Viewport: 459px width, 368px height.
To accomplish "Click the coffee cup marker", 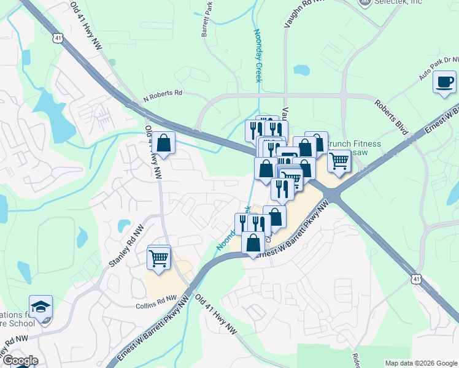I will [x=444, y=82].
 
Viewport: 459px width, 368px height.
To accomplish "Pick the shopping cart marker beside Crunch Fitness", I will [x=338, y=161].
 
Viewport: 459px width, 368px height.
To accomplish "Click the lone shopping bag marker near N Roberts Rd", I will [x=164, y=144].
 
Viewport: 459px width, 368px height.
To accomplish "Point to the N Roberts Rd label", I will [x=163, y=94].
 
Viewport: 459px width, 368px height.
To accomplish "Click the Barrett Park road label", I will [x=209, y=18].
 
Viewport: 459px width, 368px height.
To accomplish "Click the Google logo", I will [x=20, y=361].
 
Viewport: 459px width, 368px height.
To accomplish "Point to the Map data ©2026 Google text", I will [x=420, y=363].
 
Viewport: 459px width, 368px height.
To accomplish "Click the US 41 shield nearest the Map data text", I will [x=417, y=279].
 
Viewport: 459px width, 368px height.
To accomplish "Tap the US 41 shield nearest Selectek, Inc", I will [x=58, y=38].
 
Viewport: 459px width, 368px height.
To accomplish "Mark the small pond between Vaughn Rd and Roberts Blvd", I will [x=301, y=69].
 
